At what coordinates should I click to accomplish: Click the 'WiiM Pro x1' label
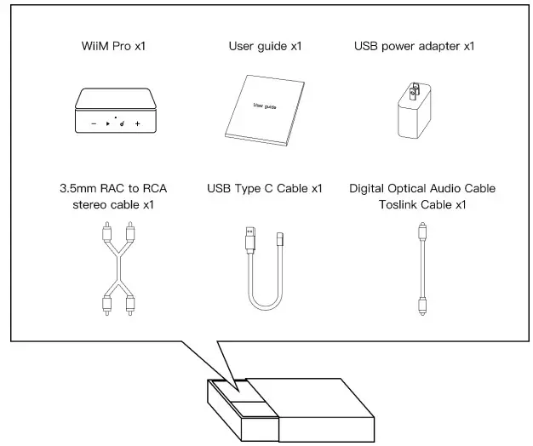pyautogui.click(x=108, y=45)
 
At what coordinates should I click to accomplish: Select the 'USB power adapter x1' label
pyautogui.click(x=414, y=45)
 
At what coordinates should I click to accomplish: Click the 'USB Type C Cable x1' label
pyautogui.click(x=266, y=188)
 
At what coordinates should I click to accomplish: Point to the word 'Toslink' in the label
pyautogui.click(x=401, y=204)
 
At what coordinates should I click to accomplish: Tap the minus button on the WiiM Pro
pyautogui.click(x=93, y=124)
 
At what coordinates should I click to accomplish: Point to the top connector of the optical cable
pyautogui.click(x=421, y=232)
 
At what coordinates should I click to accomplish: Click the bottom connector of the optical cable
pyautogui.click(x=421, y=305)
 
